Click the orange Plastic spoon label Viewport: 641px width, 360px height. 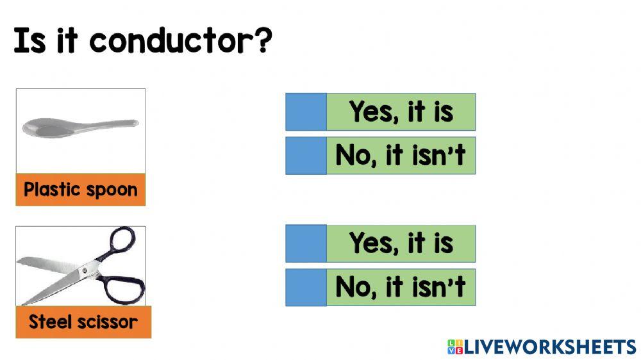click(x=81, y=190)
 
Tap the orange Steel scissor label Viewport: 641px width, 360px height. click(x=83, y=322)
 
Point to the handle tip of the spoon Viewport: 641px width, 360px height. click(x=133, y=122)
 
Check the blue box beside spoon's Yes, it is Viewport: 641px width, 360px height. click(x=306, y=112)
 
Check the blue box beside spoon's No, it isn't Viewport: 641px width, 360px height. click(x=306, y=156)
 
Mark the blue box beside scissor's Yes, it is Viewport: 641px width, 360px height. click(x=306, y=243)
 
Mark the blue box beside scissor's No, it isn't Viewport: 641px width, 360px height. click(x=306, y=287)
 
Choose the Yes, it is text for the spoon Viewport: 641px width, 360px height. click(x=401, y=112)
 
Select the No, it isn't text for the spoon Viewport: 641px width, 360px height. click(x=401, y=156)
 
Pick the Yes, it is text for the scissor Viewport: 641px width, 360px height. click(x=401, y=243)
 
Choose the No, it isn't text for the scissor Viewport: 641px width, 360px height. click(x=401, y=287)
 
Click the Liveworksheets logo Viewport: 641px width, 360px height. click(x=542, y=347)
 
